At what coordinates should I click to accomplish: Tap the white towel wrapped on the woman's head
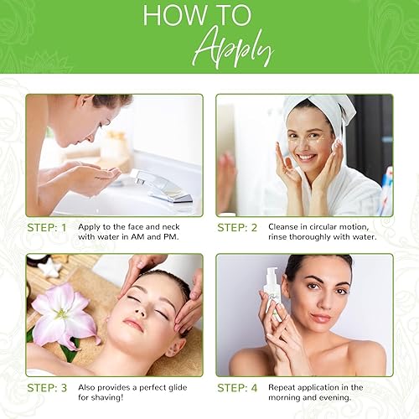click(322, 110)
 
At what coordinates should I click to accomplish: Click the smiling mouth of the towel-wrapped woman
click(306, 157)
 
